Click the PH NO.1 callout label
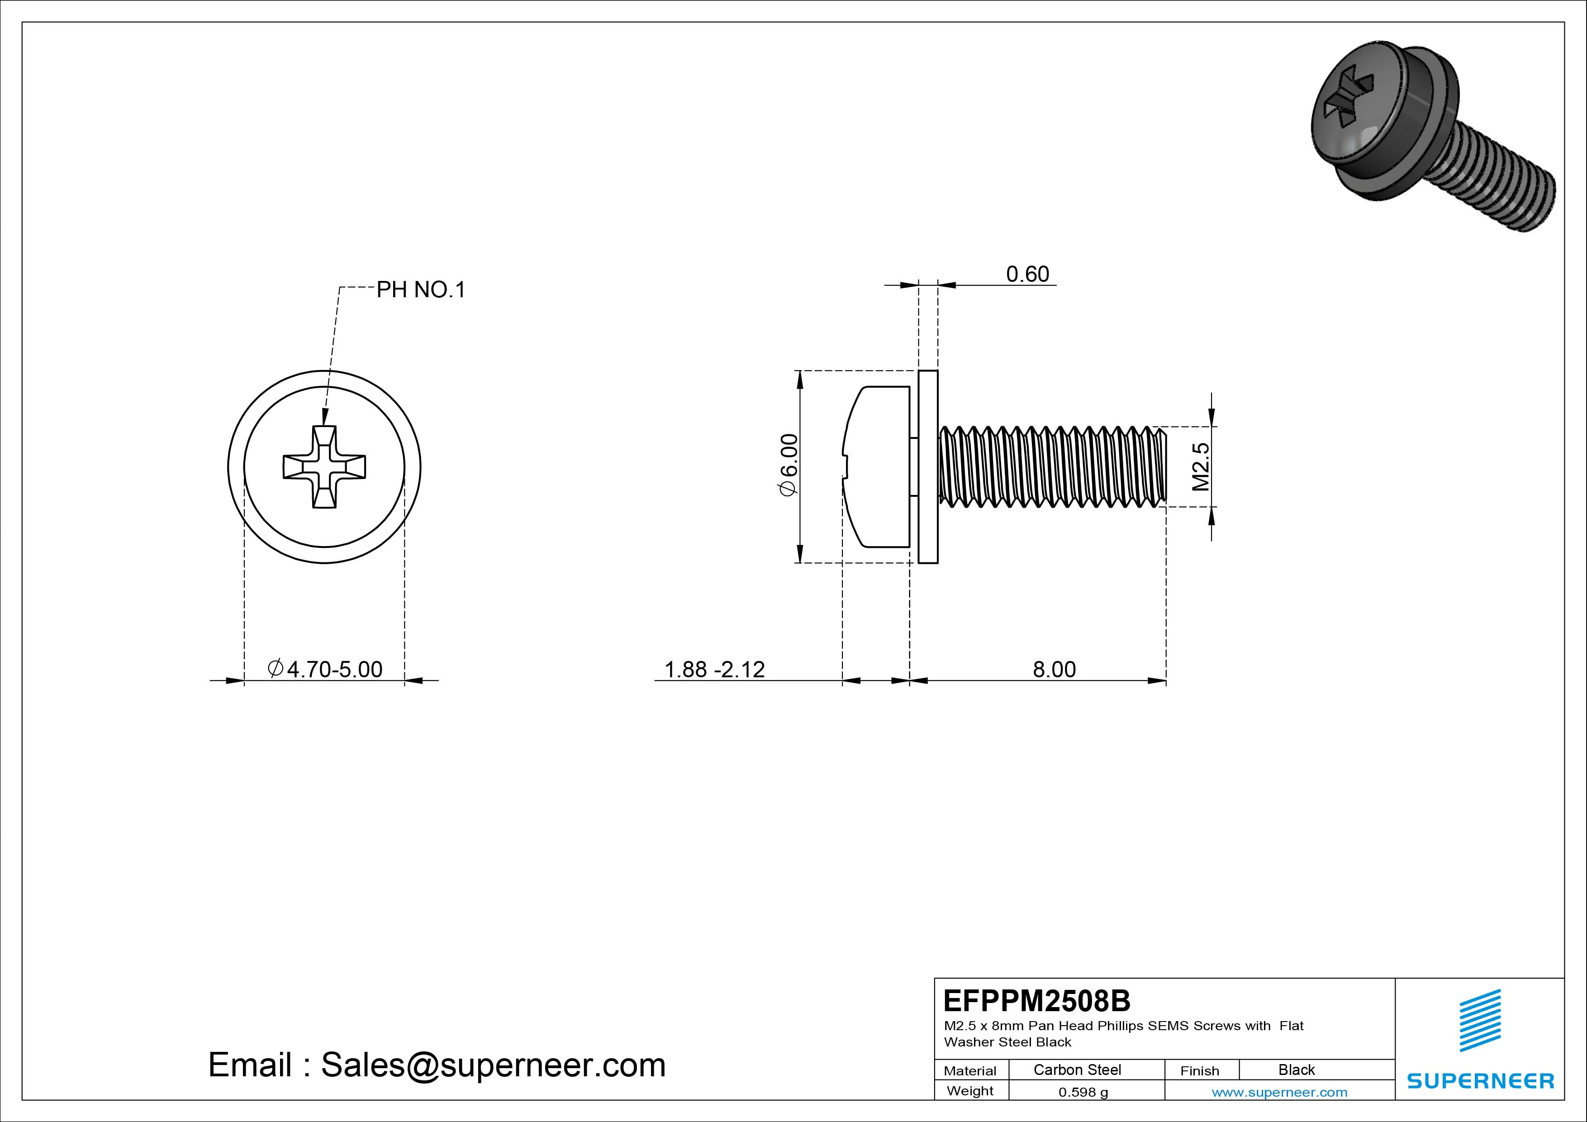pyautogui.click(x=420, y=290)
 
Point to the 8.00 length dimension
pyautogui.click(x=1054, y=669)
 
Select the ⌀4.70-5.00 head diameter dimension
pyautogui.click(x=325, y=669)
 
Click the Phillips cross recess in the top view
pyautogui.click(x=324, y=467)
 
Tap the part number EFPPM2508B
pyautogui.click(x=1037, y=1000)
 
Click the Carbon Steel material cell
pyautogui.click(x=1077, y=1070)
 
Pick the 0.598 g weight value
pyautogui.click(x=1083, y=1092)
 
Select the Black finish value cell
pyautogui.click(x=1296, y=1070)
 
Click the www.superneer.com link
pyautogui.click(x=1279, y=1092)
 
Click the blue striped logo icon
pyautogui.click(x=1480, y=1020)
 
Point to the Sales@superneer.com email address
pyautogui.click(x=493, y=1065)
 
